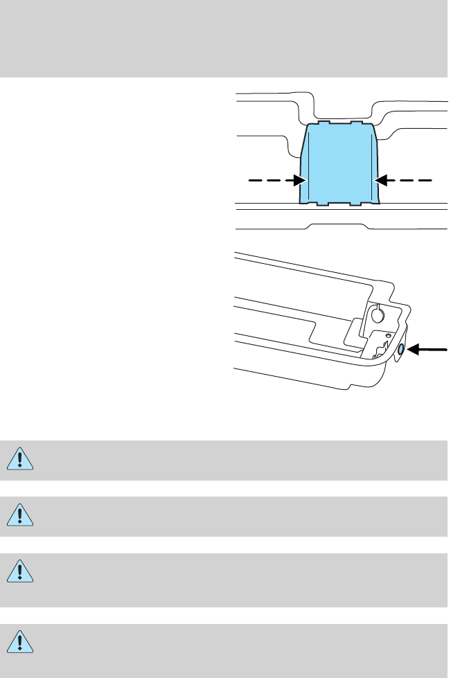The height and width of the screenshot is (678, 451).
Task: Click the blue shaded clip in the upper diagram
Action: point(339,165)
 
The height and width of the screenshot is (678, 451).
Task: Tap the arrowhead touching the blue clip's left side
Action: point(300,180)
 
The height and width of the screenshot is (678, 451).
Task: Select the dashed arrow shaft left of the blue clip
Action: point(271,180)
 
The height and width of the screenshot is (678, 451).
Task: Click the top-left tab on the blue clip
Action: point(323,123)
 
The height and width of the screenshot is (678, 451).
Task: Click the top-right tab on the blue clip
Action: point(357,123)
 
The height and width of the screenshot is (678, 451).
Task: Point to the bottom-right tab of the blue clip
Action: point(356,204)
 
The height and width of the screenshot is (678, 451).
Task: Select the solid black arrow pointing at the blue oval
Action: point(426,350)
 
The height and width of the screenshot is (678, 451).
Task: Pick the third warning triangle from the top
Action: point(21,572)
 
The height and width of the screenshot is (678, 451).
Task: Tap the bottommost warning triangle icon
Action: point(21,643)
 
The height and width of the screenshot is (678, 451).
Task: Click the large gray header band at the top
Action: point(225,38)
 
